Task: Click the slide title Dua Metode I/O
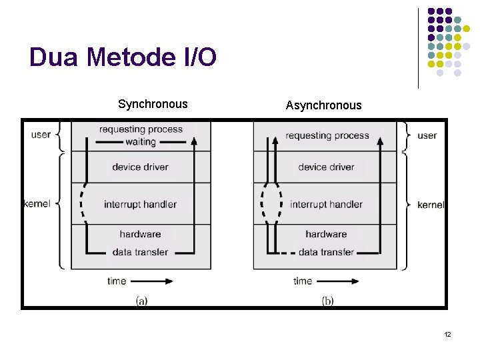click(123, 58)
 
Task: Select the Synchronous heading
click(153, 104)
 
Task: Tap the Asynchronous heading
click(323, 105)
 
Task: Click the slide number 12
click(447, 334)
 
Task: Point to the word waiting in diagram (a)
click(141, 142)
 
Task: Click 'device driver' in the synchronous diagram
click(140, 167)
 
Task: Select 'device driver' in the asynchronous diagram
click(326, 167)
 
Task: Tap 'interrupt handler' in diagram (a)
click(140, 204)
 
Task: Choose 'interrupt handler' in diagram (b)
click(326, 204)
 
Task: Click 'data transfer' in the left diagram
click(140, 252)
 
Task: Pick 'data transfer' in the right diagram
click(326, 252)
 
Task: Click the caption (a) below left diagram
click(141, 301)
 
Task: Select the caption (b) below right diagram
click(327, 301)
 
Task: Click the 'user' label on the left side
click(41, 135)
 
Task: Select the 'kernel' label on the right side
click(431, 205)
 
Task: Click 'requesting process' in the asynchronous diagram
click(327, 135)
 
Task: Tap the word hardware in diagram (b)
click(326, 234)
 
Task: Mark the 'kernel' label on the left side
click(37, 203)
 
